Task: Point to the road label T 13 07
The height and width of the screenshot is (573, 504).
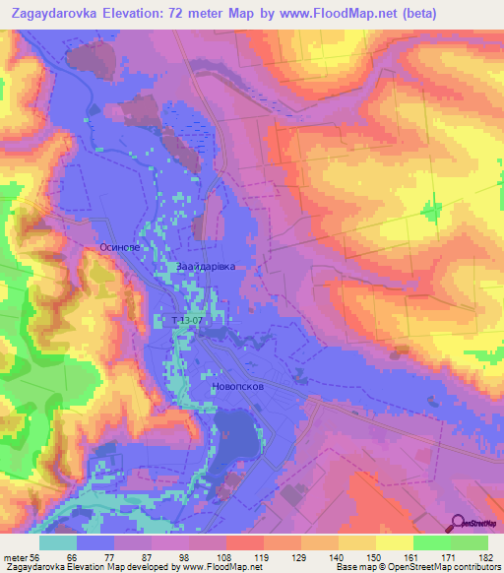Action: pyautogui.click(x=187, y=321)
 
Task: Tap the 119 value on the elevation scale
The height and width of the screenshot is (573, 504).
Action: pyautogui.click(x=263, y=556)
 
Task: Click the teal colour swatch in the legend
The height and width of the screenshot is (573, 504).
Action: pyautogui.click(x=58, y=542)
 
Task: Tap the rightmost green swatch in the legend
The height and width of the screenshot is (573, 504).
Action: pyautogui.click(x=470, y=542)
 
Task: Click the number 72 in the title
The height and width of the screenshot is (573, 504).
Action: pyautogui.click(x=186, y=13)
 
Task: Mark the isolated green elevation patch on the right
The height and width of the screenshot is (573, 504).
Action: pyautogui.click(x=431, y=211)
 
